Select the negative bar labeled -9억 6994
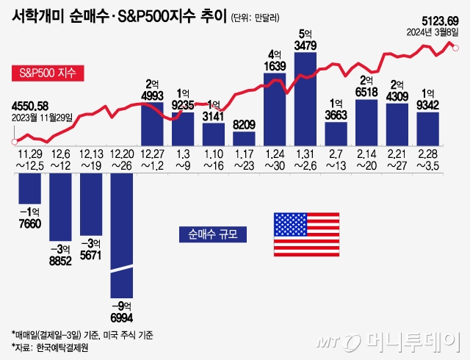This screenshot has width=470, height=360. [x=122, y=235]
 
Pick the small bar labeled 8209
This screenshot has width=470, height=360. [x=244, y=138]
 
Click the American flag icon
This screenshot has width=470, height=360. [x=306, y=233]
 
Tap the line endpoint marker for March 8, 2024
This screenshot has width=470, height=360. [x=456, y=48]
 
